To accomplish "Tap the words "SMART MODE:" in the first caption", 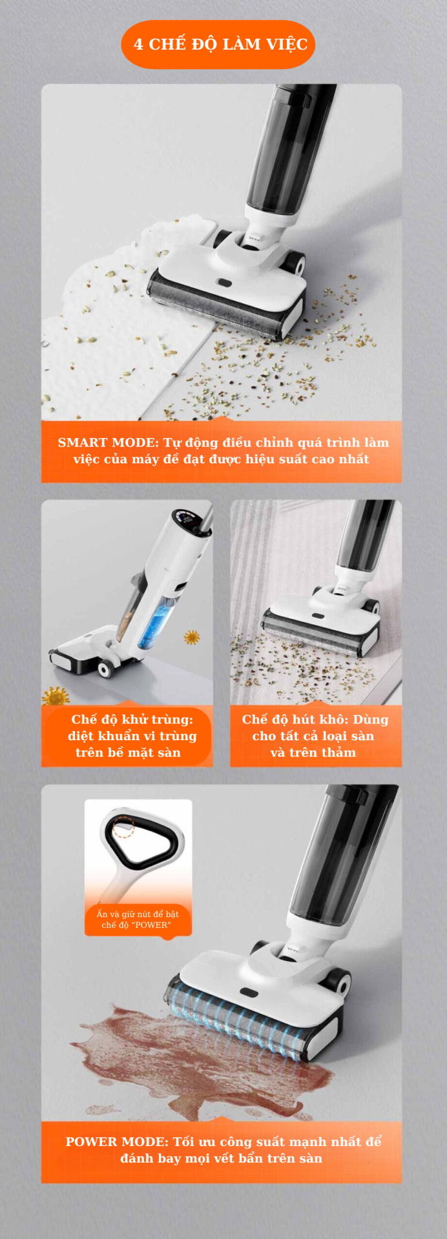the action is [x=108, y=443].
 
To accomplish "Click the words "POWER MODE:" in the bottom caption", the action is [x=117, y=1142].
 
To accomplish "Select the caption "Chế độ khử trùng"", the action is [x=132, y=720].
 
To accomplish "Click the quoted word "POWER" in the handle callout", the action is [x=151, y=925].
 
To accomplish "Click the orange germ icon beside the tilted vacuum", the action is [x=192, y=638].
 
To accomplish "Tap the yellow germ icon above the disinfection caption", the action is [x=56, y=696].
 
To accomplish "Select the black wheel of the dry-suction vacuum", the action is [x=371, y=607].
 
